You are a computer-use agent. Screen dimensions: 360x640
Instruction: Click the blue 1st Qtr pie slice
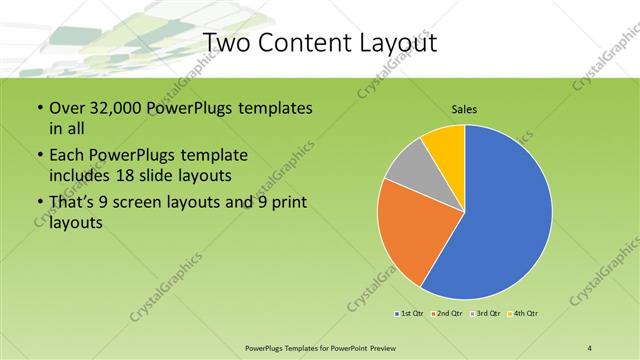pos(510,215)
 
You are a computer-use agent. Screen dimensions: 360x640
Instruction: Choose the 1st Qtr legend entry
pos(411,314)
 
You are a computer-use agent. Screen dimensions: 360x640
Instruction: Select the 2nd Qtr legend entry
pos(447,314)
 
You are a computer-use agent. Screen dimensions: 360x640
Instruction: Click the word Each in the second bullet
pos(69,156)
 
